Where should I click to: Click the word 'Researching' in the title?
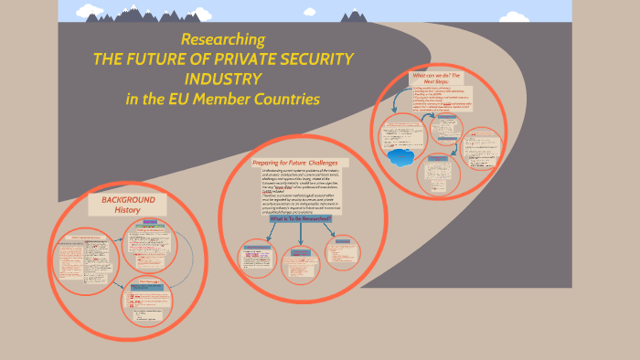[223, 40]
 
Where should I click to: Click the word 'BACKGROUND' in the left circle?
[129, 199]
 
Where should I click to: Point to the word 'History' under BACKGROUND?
[127, 210]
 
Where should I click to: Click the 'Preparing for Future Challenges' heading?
[294, 163]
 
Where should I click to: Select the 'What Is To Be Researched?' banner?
[300, 219]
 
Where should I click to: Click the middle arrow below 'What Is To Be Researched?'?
[299, 234]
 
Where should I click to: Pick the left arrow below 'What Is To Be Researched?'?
[271, 232]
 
